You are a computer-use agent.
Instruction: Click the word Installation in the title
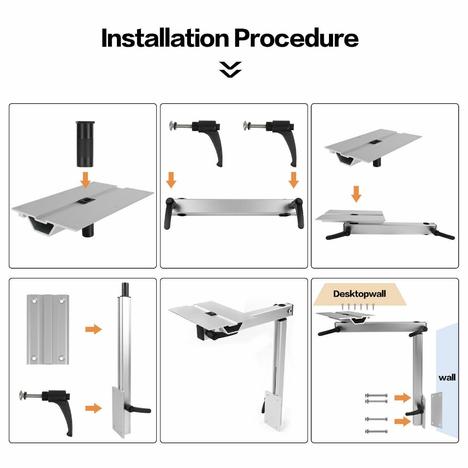[165, 38]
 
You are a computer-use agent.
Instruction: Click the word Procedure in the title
[296, 38]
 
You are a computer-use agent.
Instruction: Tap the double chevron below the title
[230, 70]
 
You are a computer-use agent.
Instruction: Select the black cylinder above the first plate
[86, 144]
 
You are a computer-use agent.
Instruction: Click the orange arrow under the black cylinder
[85, 179]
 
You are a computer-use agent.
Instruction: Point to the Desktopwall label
[359, 294]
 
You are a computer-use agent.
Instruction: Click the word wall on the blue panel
[447, 378]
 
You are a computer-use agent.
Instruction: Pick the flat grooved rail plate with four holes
[48, 329]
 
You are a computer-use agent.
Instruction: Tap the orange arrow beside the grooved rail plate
[94, 329]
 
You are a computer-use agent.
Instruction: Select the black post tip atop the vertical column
[125, 289]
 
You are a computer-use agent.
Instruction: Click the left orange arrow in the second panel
[171, 180]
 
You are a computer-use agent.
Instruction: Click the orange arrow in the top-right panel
[356, 194]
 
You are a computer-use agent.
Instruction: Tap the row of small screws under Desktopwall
[358, 307]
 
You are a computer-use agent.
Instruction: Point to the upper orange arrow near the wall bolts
[402, 397]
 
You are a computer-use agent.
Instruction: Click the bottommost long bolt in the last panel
[376, 431]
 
